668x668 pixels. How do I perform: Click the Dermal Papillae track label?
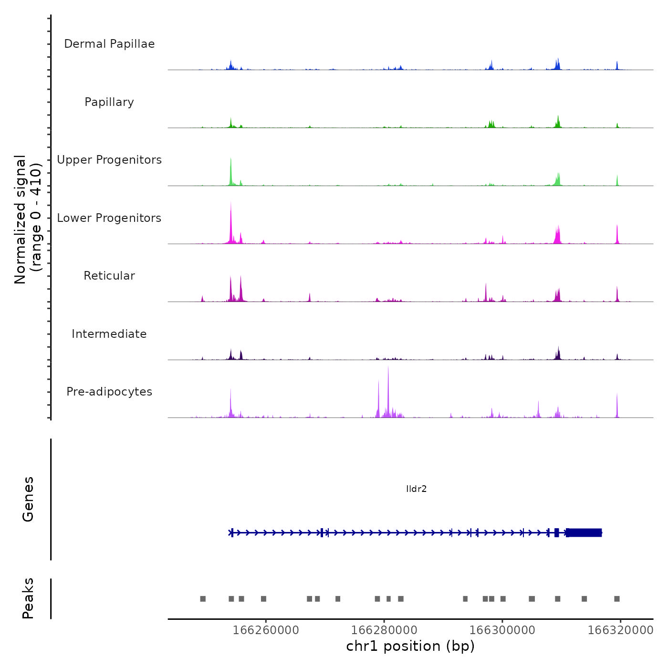point(109,44)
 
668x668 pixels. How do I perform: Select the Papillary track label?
point(109,102)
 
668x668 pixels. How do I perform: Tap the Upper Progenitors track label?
point(109,160)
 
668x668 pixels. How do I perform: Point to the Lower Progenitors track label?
point(109,218)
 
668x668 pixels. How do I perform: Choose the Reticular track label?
point(109,276)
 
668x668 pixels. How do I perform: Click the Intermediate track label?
point(109,334)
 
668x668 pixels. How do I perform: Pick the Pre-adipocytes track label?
point(109,392)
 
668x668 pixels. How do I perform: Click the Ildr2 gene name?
point(416,489)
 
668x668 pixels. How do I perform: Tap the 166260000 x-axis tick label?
point(266,630)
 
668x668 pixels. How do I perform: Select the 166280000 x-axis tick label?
point(384,630)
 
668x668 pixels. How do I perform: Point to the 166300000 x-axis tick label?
point(502,630)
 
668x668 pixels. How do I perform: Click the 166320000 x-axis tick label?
point(620,630)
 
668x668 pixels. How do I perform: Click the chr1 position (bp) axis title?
point(410,646)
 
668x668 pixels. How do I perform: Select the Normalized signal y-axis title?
point(28,219)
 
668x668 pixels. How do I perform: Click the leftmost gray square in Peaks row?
point(203,599)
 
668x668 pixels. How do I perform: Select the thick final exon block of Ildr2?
point(584,532)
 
